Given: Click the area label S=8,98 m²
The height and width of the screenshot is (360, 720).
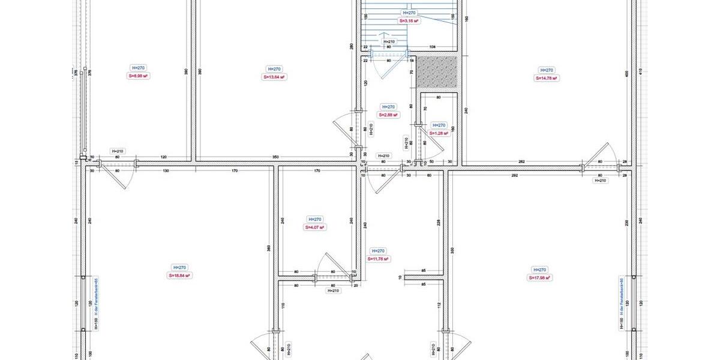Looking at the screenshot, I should click(x=138, y=76).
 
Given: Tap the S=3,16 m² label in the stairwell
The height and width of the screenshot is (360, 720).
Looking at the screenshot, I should click(x=409, y=20).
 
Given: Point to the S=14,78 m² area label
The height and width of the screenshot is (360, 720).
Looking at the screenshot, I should click(x=547, y=77).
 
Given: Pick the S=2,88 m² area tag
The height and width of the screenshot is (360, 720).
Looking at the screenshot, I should click(x=388, y=114).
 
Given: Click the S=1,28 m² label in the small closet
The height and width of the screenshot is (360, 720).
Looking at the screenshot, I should click(x=439, y=133).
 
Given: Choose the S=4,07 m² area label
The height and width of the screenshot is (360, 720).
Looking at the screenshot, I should click(x=315, y=227).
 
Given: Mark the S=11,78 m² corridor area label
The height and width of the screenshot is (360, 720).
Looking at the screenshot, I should click(x=378, y=259).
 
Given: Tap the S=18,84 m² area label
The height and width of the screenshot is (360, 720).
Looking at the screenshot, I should click(x=179, y=275).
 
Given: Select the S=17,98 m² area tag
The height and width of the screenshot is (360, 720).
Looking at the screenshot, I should click(x=539, y=278).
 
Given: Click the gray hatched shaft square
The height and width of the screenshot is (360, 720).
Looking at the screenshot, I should click(x=437, y=71).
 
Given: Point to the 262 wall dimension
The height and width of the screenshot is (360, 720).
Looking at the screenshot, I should click(x=521, y=162).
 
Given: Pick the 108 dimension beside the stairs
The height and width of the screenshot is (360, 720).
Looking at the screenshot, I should click(x=431, y=46).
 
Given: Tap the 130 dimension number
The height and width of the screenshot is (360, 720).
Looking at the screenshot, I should click(x=166, y=171).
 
